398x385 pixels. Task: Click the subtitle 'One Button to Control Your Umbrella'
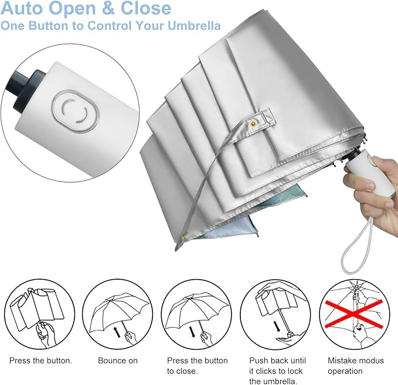(111, 26)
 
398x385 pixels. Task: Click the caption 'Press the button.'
(40, 360)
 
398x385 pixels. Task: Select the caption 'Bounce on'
(117, 360)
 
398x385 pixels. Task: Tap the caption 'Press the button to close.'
(197, 366)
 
